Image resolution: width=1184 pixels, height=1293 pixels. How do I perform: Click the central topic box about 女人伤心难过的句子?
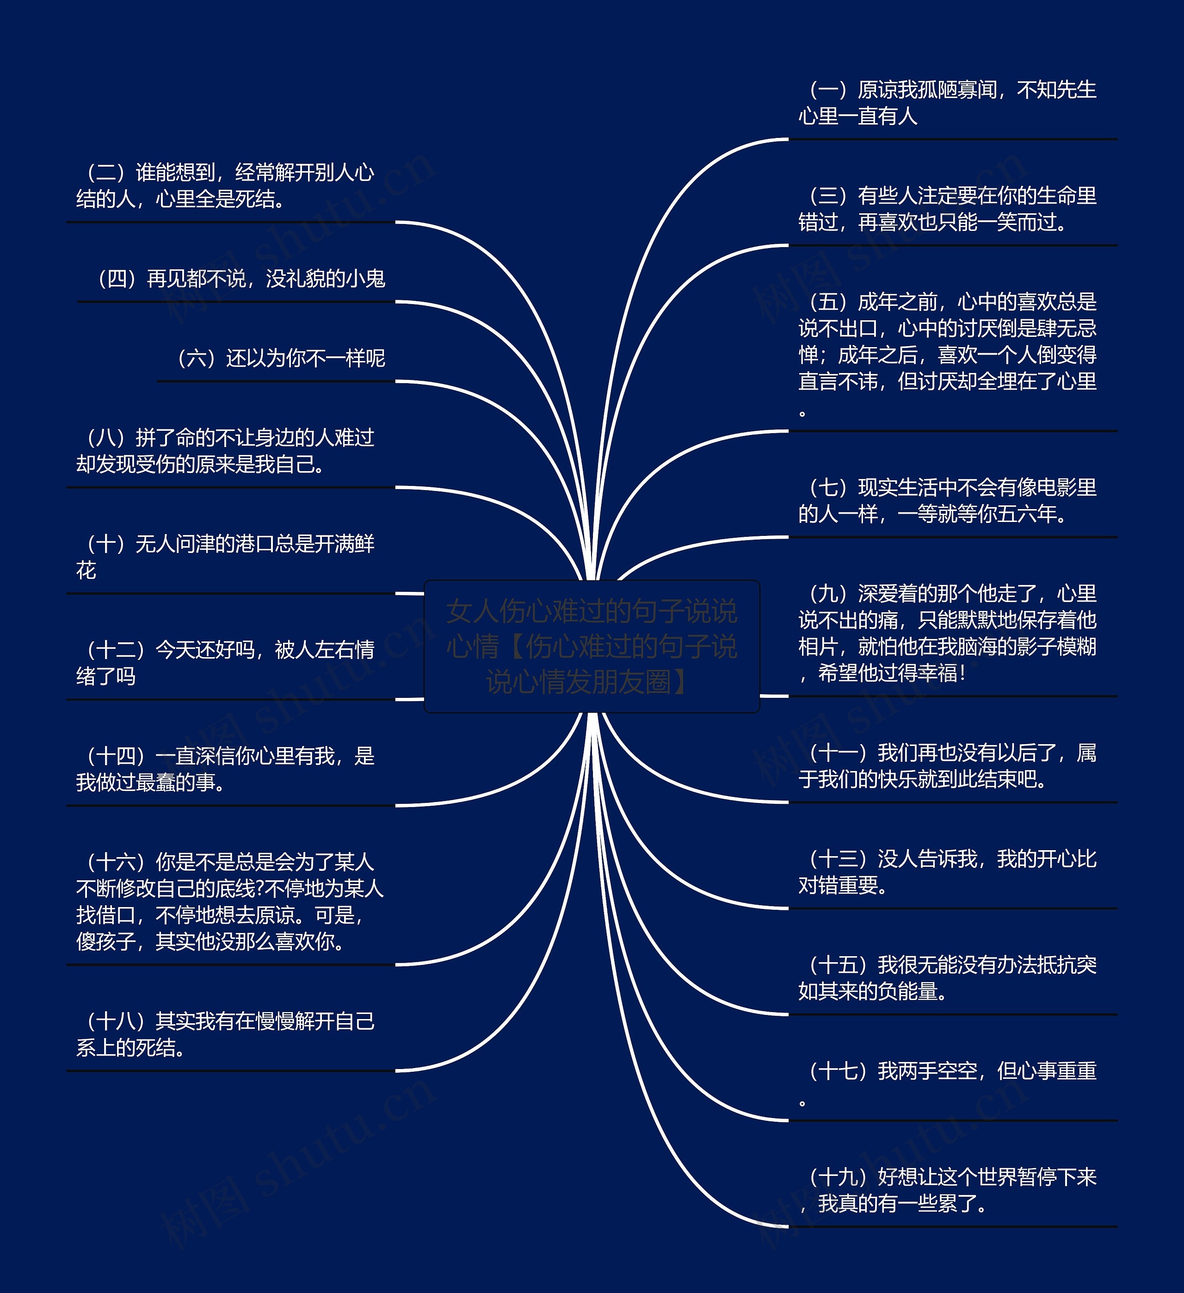tap(592, 646)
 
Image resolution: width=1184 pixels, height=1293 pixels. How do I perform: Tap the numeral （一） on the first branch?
tap(827, 90)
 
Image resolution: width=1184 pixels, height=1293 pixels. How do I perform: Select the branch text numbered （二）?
tap(224, 186)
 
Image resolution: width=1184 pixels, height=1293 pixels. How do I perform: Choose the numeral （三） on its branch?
tap(827, 196)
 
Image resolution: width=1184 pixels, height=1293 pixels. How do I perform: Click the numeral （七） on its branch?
tap(827, 487)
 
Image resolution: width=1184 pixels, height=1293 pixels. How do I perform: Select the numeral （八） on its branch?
tap(106, 438)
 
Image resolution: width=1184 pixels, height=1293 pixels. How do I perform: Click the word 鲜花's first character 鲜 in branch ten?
tap(364, 544)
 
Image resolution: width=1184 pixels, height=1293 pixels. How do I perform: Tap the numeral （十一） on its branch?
tap(837, 752)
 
